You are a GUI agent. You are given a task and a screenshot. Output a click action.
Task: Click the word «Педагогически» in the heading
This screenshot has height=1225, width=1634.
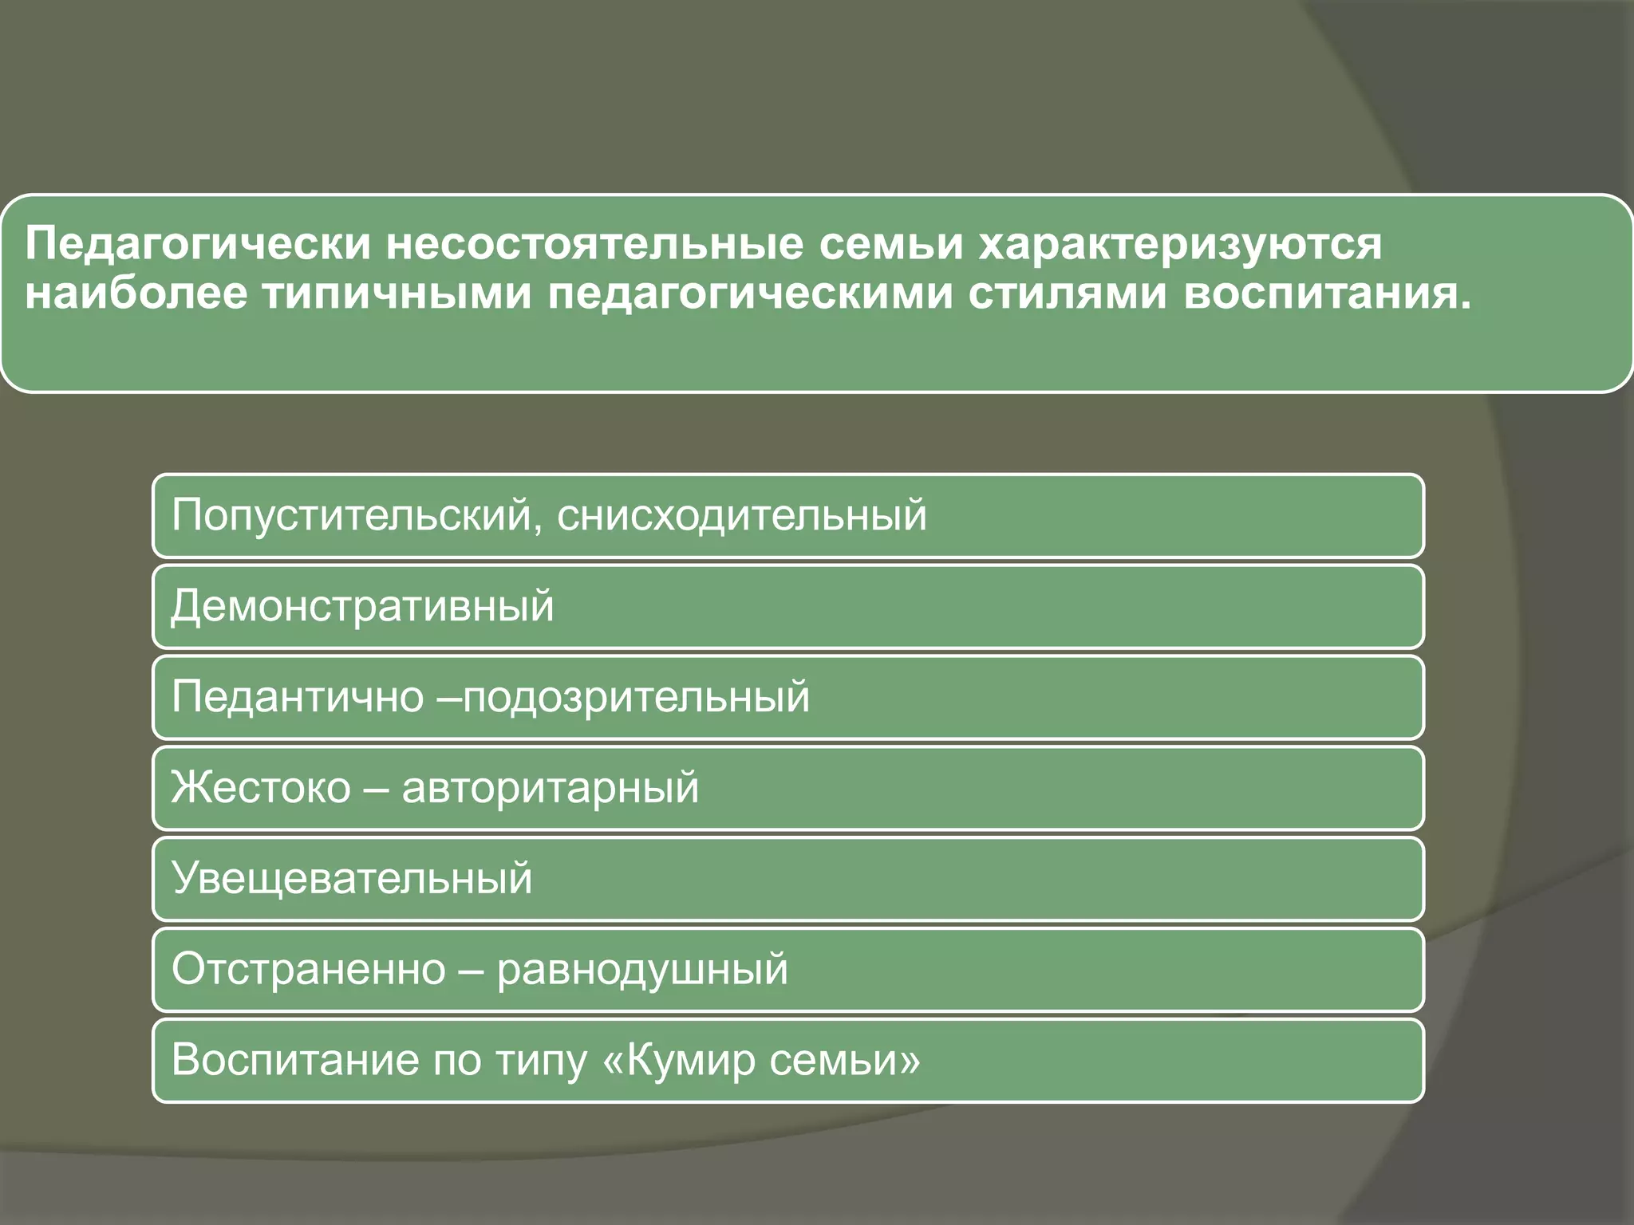click(x=198, y=244)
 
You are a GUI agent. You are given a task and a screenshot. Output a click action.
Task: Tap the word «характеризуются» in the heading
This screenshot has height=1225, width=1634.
click(x=1180, y=244)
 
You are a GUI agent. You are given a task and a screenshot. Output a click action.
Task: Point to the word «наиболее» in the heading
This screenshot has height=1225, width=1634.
click(x=136, y=293)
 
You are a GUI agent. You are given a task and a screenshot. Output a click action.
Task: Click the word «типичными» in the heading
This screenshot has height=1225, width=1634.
click(x=397, y=293)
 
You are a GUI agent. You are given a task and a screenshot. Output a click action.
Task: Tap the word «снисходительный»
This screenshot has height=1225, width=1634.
click(x=742, y=515)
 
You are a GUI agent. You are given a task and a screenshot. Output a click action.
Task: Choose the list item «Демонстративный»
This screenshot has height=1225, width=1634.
click(x=362, y=606)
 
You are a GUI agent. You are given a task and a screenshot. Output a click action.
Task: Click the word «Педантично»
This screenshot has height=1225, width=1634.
click(x=298, y=696)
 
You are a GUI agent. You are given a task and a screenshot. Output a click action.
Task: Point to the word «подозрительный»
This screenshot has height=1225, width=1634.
click(x=636, y=698)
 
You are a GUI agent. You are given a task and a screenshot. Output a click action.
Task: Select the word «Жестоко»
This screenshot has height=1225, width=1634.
click(x=261, y=787)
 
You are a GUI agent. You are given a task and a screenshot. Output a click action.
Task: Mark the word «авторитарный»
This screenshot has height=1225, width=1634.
click(x=551, y=789)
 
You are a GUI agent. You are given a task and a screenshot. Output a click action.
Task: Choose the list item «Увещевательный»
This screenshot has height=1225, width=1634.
click(x=352, y=878)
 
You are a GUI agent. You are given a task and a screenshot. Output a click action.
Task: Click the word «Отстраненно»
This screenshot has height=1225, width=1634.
click(x=309, y=969)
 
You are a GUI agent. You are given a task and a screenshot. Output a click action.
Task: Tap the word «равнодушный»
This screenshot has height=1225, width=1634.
click(x=642, y=971)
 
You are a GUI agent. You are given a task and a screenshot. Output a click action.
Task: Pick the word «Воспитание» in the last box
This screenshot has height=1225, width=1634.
click(x=294, y=1061)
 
